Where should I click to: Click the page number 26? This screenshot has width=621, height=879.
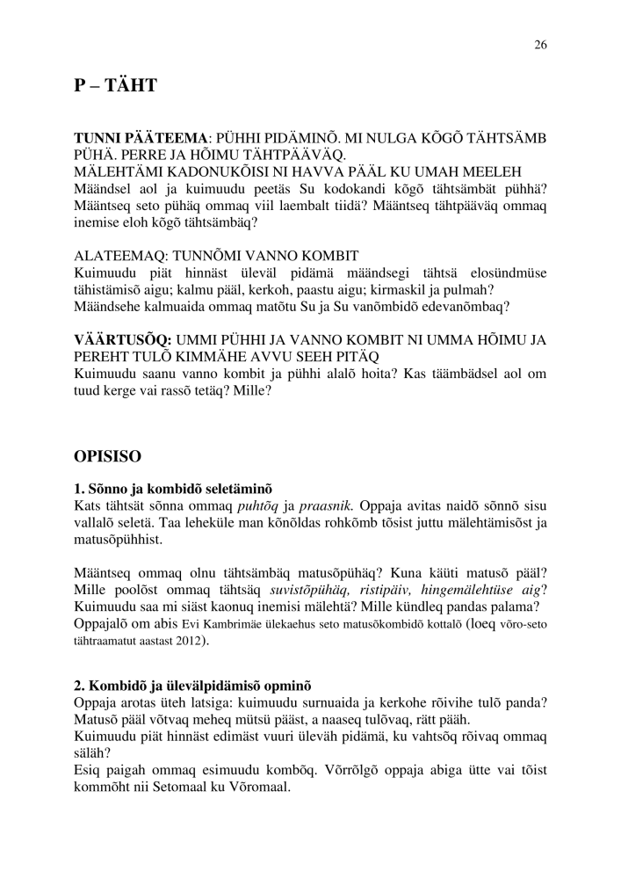click(540, 47)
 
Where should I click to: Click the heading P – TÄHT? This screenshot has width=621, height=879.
click(115, 85)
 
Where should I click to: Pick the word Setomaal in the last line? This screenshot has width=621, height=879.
click(400, 787)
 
